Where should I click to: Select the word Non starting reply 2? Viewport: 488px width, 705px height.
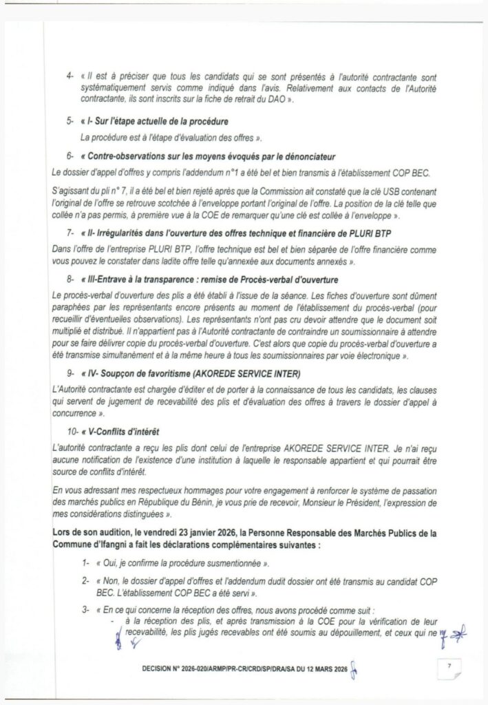(x=112, y=582)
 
